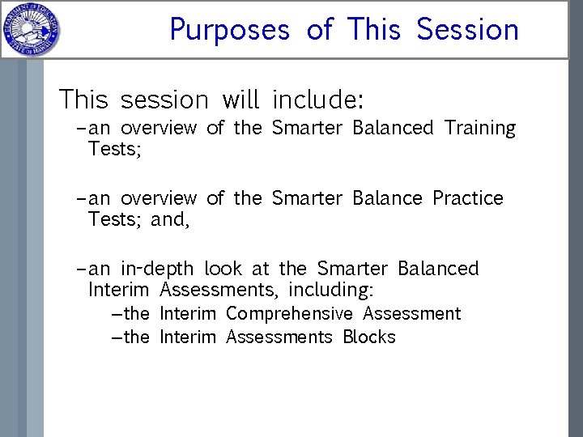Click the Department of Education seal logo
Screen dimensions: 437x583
coord(30,30)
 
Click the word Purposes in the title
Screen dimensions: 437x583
coord(229,30)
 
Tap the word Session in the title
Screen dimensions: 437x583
coord(467,30)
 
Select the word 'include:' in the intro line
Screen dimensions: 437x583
coord(318,100)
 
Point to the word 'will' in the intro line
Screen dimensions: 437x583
coord(240,100)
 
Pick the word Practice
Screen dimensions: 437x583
coord(467,198)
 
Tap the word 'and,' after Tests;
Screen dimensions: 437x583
coord(170,219)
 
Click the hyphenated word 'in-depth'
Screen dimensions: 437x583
coord(158,269)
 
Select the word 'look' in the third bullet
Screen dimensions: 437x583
coord(223,269)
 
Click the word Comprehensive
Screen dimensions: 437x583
coord(289,314)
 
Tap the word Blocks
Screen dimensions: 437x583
coord(368,337)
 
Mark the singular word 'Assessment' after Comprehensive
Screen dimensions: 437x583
coord(411,314)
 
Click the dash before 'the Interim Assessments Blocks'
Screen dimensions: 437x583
coord(116,337)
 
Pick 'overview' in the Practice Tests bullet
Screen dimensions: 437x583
coord(159,198)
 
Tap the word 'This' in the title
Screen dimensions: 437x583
coord(373,30)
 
